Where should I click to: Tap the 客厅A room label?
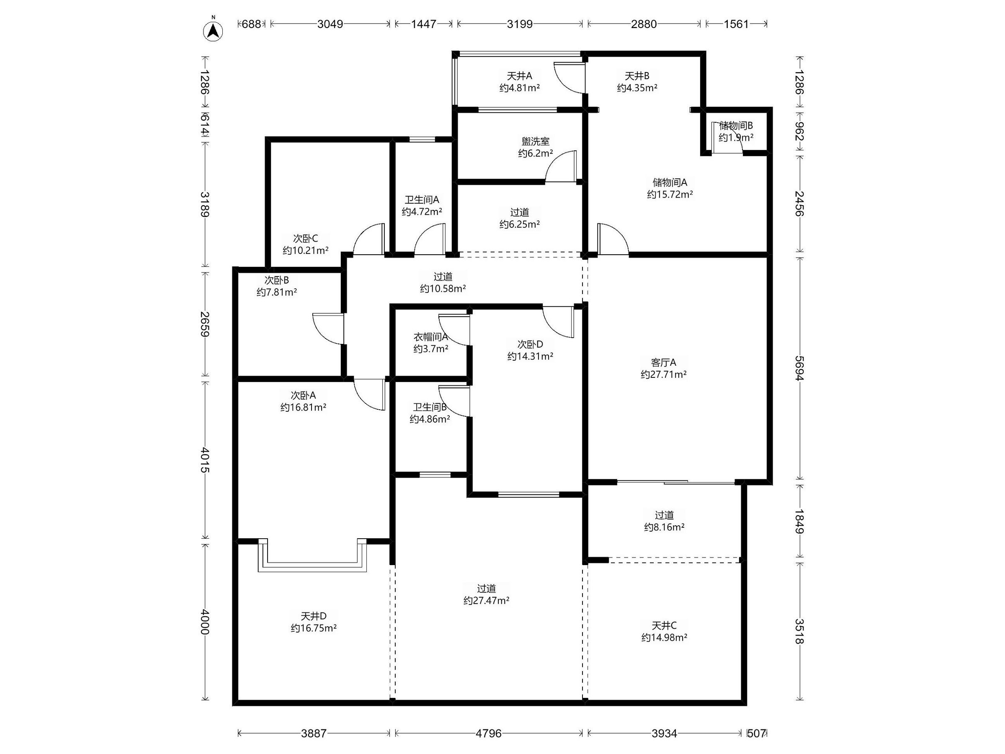(663, 363)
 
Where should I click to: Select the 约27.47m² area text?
(486, 601)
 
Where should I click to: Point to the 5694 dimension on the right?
(800, 368)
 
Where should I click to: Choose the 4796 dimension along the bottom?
(488, 733)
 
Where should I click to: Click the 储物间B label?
(736, 125)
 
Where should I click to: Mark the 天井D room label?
(314, 616)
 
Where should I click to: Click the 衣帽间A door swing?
(454, 330)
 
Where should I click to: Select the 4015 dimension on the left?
(205, 460)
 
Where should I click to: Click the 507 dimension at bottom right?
(757, 733)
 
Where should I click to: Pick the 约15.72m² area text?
(670, 194)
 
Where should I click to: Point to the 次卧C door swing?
(369, 239)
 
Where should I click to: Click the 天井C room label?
(664, 626)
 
